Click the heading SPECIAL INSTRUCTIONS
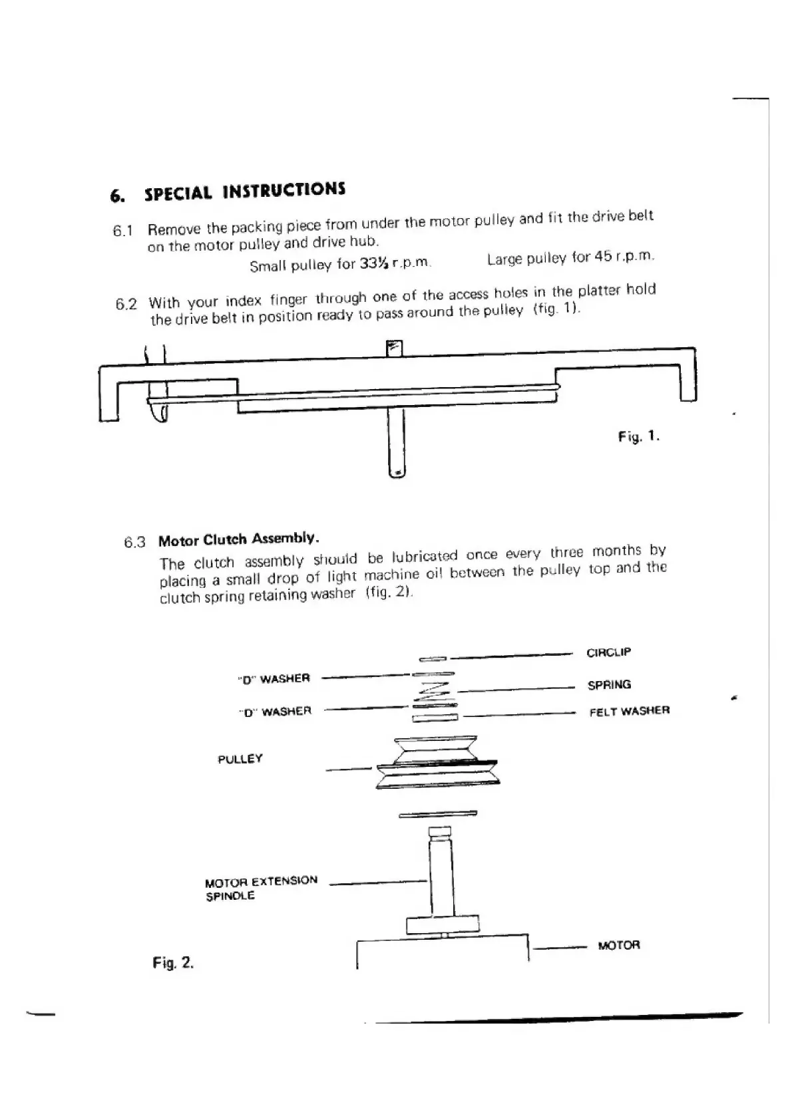244,192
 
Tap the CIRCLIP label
608,652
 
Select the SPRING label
609,684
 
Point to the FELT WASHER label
629,711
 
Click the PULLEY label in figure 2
240,759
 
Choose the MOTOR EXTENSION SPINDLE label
261,888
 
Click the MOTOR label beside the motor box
618,945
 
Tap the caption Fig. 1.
638,437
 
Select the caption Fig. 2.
173,962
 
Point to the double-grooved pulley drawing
436,762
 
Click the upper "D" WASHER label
274,679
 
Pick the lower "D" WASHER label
275,712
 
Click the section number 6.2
126,305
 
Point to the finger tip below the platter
159,414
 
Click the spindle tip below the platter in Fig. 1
397,471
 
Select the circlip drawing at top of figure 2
433,659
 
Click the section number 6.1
123,231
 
